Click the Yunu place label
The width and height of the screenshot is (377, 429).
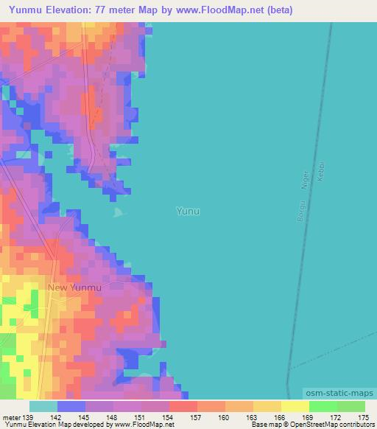[188, 211]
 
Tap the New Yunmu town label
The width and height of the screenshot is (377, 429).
[74, 287]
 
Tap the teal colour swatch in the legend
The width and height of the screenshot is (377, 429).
[43, 406]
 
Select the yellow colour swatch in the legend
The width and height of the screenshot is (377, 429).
[295, 406]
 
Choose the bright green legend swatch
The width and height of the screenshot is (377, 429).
[323, 406]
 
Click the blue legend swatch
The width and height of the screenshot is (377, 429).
[71, 406]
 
